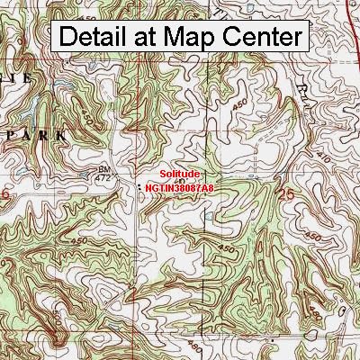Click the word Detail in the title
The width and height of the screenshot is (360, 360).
[95, 37]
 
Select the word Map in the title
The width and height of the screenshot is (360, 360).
[193, 37]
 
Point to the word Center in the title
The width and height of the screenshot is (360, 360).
[262, 37]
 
